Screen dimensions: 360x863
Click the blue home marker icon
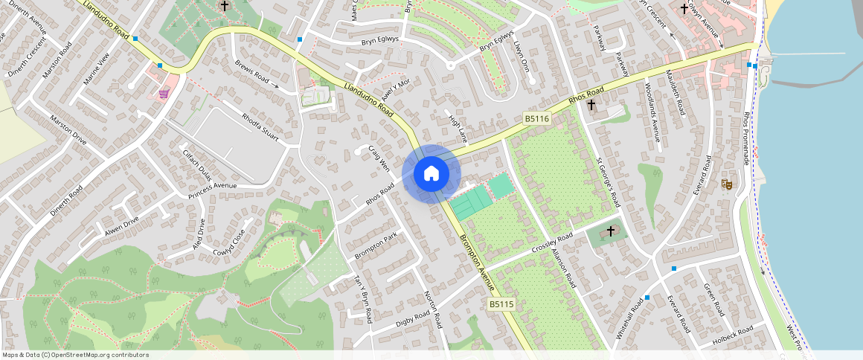click(431, 174)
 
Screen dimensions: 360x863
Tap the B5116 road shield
click(536, 118)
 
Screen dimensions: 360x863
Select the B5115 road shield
click(501, 304)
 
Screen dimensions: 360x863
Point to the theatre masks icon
click(727, 183)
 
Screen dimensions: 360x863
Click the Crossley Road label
click(552, 243)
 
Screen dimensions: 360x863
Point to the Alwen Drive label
click(121, 225)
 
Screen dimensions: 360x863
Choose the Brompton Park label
click(376, 247)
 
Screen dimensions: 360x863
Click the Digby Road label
click(413, 319)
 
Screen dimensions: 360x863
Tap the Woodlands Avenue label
click(652, 111)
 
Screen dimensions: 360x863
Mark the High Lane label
click(458, 127)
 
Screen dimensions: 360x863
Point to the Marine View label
click(100, 69)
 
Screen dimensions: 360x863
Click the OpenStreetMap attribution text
click(75, 355)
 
